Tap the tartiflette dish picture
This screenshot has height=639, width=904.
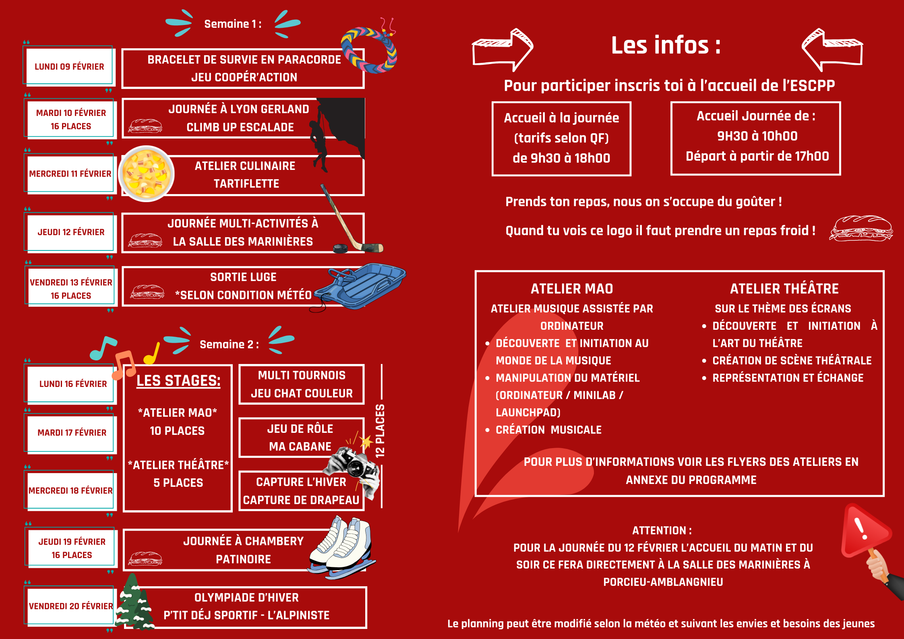point(146,174)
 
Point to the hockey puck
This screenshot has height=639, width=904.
point(341,248)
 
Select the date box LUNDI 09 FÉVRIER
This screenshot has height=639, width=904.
point(69,66)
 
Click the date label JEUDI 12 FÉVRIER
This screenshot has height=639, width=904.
point(71,232)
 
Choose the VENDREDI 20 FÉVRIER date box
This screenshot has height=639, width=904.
point(71,606)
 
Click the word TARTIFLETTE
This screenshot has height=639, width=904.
point(246,184)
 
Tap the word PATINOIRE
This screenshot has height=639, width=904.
point(243,559)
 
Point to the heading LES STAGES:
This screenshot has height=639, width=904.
point(178,381)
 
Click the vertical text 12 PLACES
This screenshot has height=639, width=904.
point(380,430)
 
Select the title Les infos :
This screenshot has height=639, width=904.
point(666,45)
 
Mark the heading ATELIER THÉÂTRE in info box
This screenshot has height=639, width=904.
point(784,289)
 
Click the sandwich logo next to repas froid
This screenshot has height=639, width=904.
point(861,229)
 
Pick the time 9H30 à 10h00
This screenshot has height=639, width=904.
point(757,136)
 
